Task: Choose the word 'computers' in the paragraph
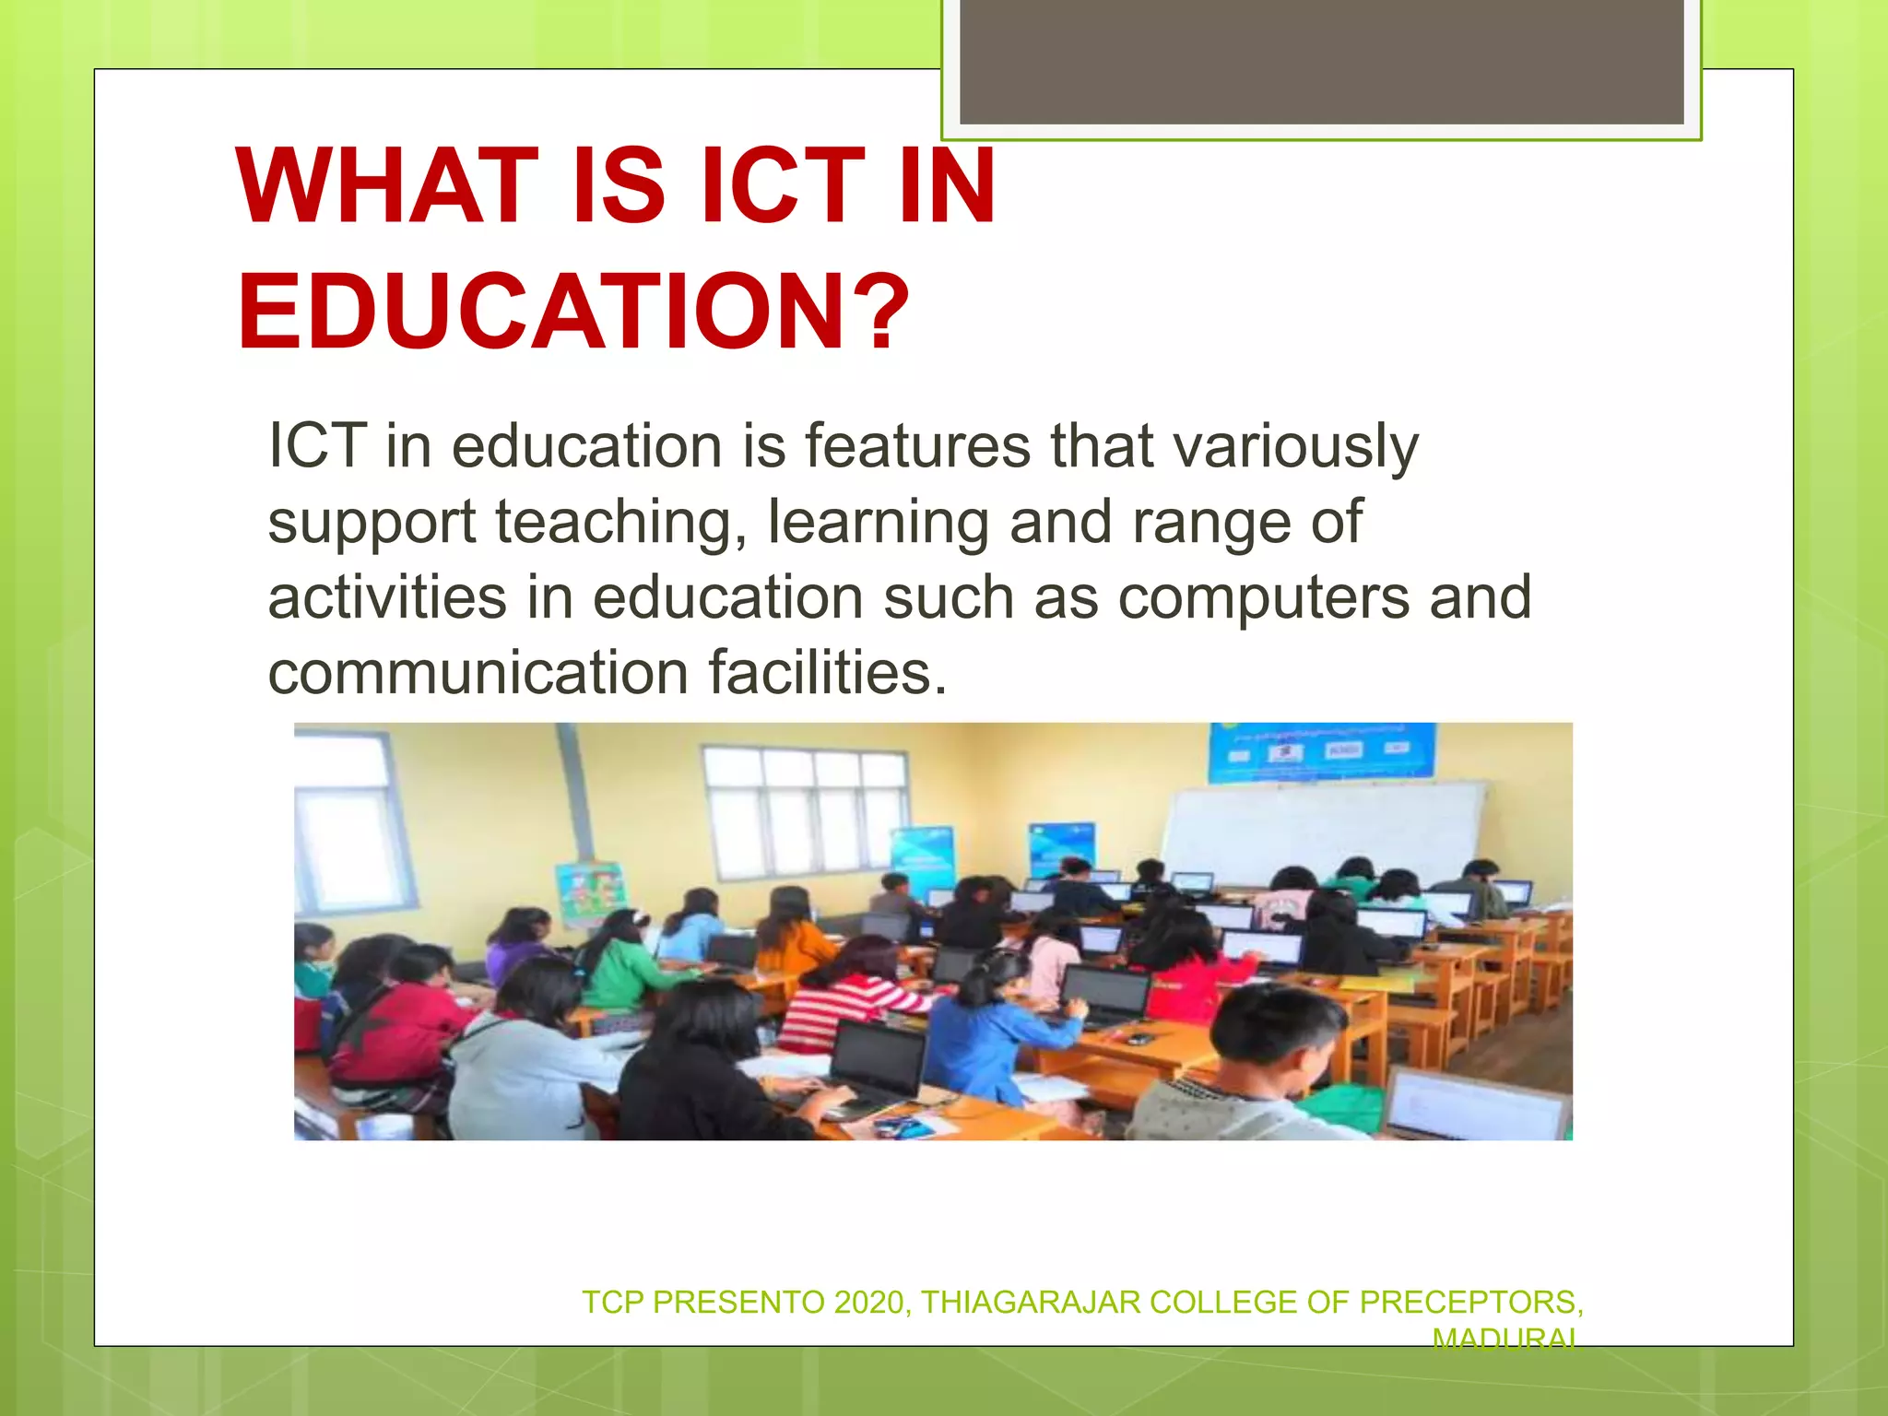(x=1263, y=597)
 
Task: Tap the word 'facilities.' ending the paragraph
(x=827, y=672)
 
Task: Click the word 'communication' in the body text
(x=478, y=672)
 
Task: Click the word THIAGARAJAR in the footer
(x=1031, y=1302)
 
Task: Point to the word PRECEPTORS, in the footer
(x=1471, y=1302)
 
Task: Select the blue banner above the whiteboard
(x=1322, y=752)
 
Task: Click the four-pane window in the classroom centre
(x=805, y=811)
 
